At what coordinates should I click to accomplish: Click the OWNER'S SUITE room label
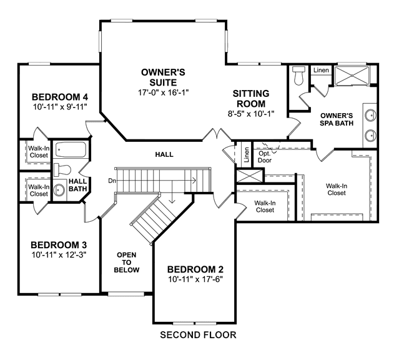(163, 77)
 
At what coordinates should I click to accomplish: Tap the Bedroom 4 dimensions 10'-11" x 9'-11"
(60, 106)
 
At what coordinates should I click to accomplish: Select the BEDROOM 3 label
(59, 245)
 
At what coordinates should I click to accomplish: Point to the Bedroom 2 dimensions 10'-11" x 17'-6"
(195, 279)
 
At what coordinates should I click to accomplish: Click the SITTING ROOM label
(251, 99)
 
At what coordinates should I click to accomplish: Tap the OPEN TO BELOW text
(127, 262)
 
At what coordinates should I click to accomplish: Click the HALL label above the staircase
(164, 154)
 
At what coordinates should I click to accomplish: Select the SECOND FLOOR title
(198, 335)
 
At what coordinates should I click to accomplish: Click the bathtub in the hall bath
(71, 149)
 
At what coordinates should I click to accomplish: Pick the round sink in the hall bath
(59, 190)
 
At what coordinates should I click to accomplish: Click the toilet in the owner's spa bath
(298, 76)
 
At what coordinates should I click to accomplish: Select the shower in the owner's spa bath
(352, 76)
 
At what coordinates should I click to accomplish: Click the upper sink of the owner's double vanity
(370, 116)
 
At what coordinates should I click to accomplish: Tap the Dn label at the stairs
(112, 181)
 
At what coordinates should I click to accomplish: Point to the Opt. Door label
(265, 157)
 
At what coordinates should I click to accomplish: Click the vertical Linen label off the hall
(246, 154)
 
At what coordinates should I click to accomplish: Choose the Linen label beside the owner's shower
(321, 70)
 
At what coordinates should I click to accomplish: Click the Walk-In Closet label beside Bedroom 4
(39, 152)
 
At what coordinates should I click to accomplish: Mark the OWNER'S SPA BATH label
(337, 119)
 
